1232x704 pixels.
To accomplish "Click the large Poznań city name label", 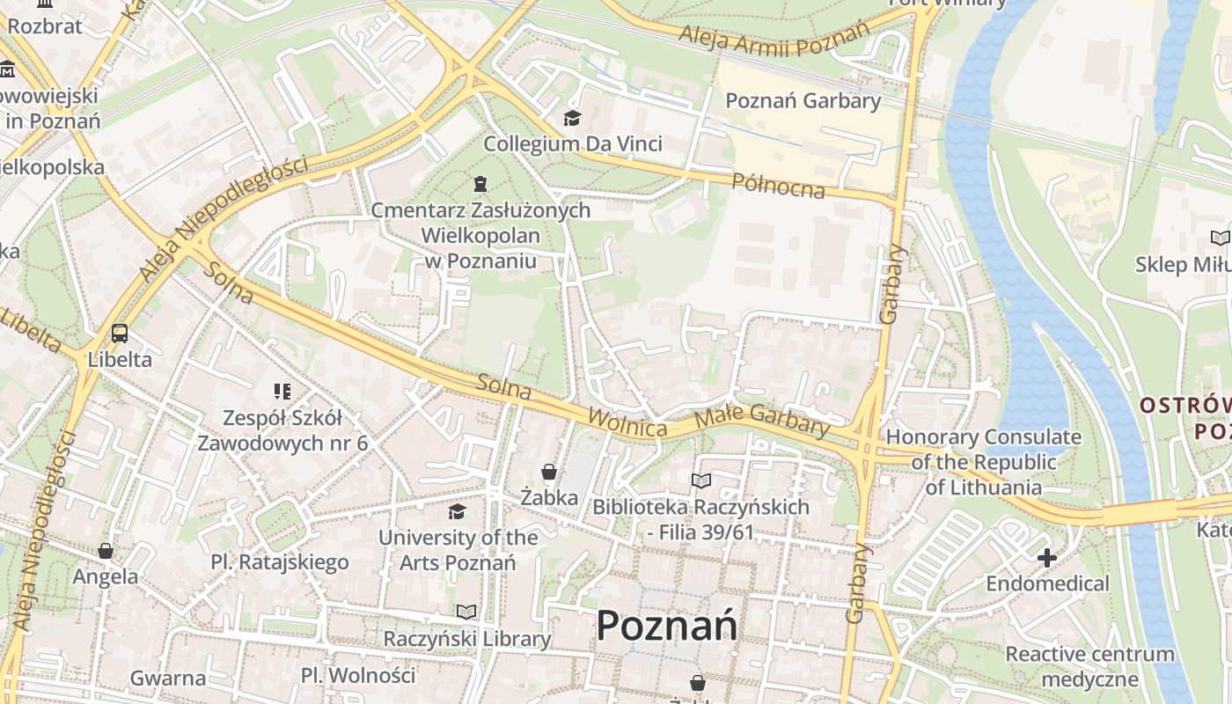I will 666,627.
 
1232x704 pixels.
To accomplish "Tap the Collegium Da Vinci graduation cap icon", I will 573,118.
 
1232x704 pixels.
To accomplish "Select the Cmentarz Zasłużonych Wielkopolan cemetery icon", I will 480,184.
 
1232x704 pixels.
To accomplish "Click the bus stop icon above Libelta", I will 120,334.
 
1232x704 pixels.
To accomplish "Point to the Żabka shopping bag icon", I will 549,473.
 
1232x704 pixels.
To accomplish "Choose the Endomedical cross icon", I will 1047,557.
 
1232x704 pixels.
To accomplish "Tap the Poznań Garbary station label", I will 803,100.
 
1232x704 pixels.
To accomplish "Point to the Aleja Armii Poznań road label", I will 774,37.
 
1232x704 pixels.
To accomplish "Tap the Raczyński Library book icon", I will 466,612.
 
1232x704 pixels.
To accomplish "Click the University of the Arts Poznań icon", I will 457,511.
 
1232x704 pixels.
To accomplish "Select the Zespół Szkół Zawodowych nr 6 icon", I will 282,391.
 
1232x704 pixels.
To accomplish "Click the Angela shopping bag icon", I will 106,551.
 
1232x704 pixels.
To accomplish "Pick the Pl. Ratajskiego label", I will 280,561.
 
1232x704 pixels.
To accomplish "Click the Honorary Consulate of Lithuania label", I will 983,462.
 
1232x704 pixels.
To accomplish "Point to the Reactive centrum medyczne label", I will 1089,666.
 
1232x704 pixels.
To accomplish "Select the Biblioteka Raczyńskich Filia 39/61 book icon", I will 700,480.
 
